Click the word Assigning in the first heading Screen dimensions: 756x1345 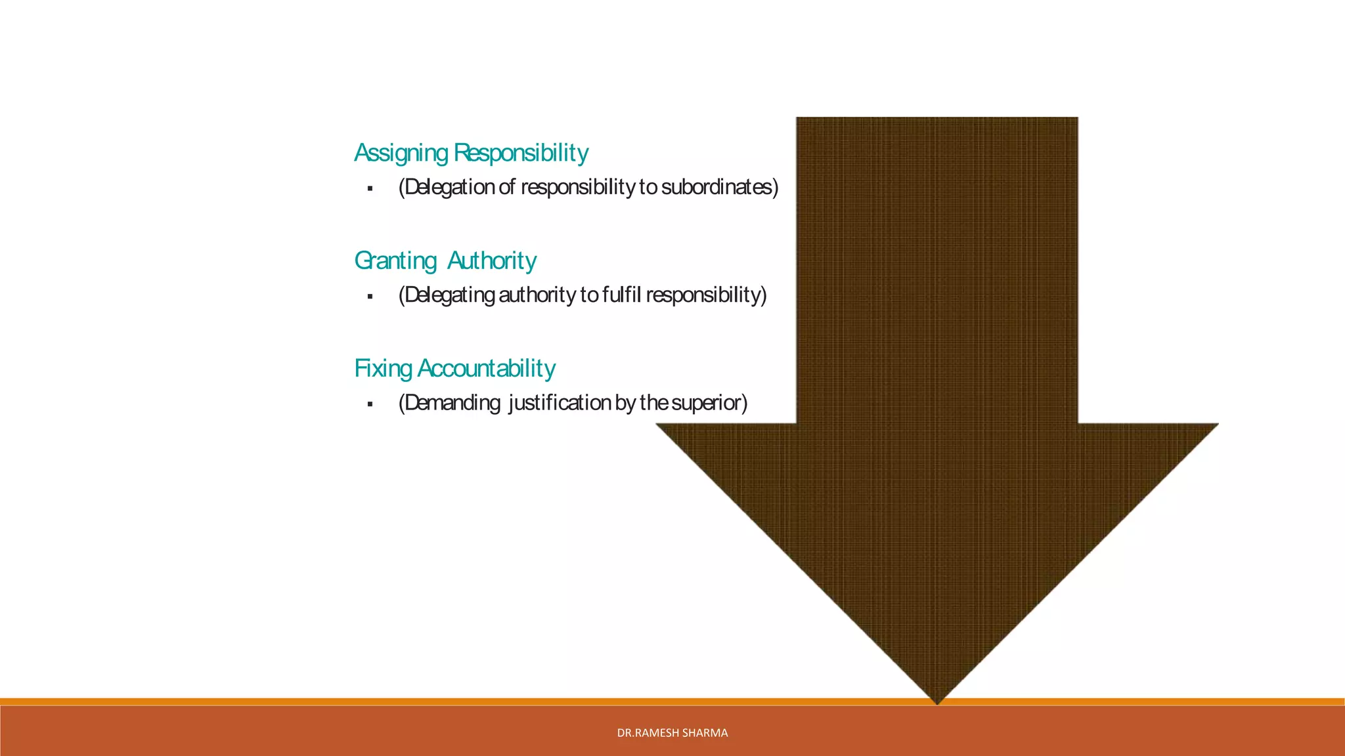coord(401,153)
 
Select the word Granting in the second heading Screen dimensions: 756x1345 coord(395,261)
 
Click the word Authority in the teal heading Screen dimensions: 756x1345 coord(492,261)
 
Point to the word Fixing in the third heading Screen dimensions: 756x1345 coord(383,369)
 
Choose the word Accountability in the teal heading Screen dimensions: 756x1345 coord(487,369)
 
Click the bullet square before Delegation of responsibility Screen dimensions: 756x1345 coord(370,189)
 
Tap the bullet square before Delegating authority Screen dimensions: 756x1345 coord(370,297)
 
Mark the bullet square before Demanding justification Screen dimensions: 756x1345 coord(370,404)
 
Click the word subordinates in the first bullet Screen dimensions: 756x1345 coord(719,188)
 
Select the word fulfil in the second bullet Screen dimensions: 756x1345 coord(621,295)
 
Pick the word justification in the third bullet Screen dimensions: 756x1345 coord(560,403)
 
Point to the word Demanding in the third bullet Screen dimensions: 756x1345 coord(450,403)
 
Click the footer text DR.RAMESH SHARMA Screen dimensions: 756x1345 coord(672,733)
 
